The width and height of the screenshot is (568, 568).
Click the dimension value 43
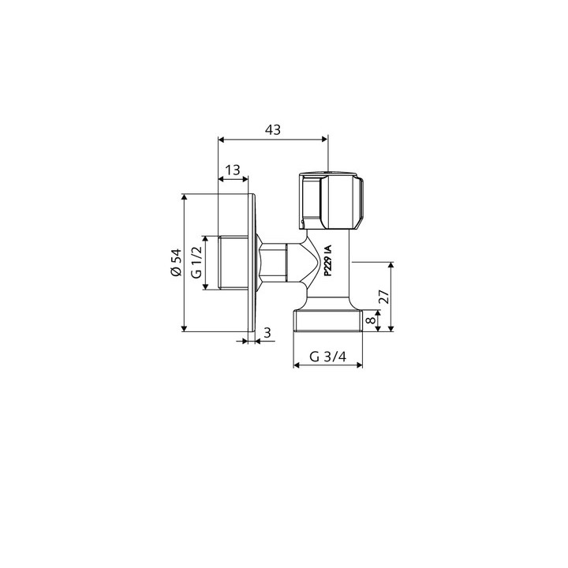tap(273, 129)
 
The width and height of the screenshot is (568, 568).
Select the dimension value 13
tap(233, 170)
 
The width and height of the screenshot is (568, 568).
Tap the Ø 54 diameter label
tap(176, 263)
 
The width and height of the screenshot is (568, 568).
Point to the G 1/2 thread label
tap(196, 262)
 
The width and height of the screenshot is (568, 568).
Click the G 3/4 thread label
tap(328, 357)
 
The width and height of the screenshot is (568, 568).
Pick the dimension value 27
tap(385, 297)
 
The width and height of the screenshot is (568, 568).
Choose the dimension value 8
tap(371, 320)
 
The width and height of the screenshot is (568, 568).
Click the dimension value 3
tap(267, 333)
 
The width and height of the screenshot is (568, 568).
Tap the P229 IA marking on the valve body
tap(327, 261)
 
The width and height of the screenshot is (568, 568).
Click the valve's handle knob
tap(331, 201)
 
